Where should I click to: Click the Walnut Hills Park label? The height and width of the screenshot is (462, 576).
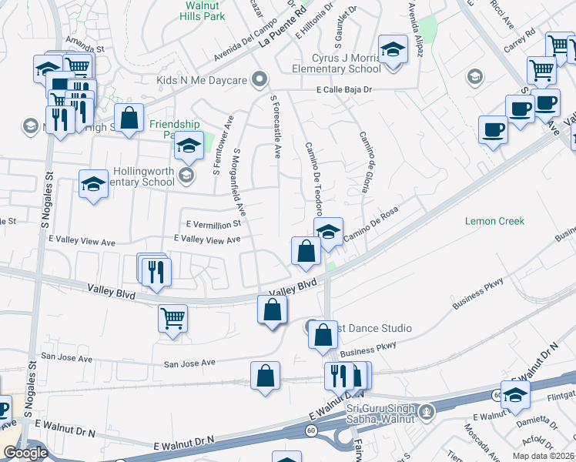(203, 9)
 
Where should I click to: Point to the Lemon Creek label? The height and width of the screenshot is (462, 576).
(494, 221)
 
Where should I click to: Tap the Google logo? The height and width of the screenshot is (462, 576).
(25, 453)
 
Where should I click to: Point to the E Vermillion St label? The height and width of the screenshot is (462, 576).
(213, 223)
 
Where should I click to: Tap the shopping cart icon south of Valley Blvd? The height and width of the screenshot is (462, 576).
(172, 316)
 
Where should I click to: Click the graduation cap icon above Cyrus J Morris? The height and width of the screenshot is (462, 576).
(393, 50)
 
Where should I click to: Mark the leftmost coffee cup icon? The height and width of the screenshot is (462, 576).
(492, 129)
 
